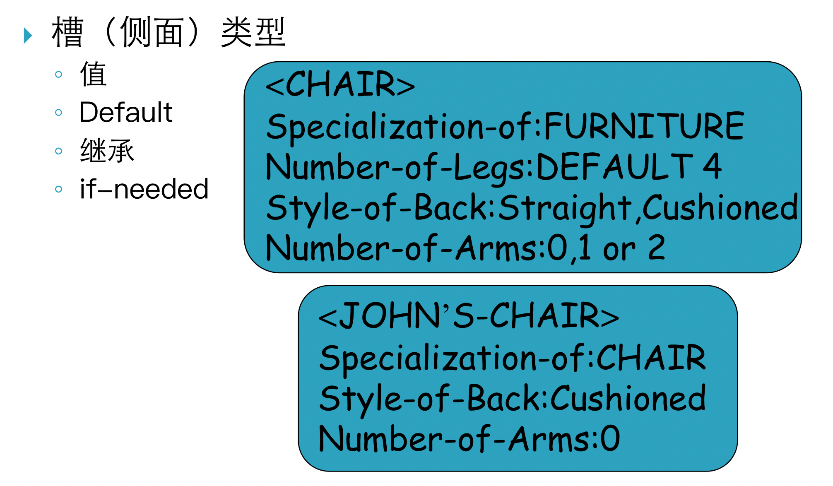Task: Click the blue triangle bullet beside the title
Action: (28, 35)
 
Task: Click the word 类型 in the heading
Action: (253, 32)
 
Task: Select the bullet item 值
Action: (93, 74)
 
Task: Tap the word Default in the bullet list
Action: (125, 112)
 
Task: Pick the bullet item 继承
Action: (107, 151)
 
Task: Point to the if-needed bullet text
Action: (144, 189)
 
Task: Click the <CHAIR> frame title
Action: (340, 84)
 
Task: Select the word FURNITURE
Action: (644, 126)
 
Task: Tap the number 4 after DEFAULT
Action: (712, 166)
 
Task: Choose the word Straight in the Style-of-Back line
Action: (565, 207)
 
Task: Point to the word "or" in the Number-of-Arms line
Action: (619, 248)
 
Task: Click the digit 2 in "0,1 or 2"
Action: (657, 248)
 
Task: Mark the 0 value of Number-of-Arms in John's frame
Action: (610, 438)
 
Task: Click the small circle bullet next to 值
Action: (58, 75)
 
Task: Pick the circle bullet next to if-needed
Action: (58, 189)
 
